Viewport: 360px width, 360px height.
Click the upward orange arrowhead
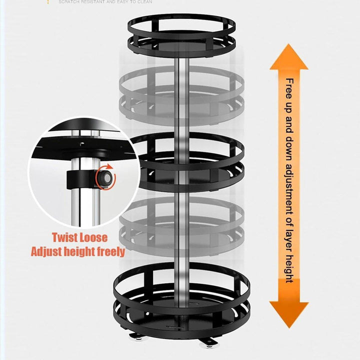coord(288,57)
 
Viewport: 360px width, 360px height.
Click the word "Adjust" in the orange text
coord(48,251)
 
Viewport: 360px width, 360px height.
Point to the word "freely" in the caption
coord(108,251)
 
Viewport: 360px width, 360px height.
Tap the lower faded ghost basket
coord(181,220)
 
